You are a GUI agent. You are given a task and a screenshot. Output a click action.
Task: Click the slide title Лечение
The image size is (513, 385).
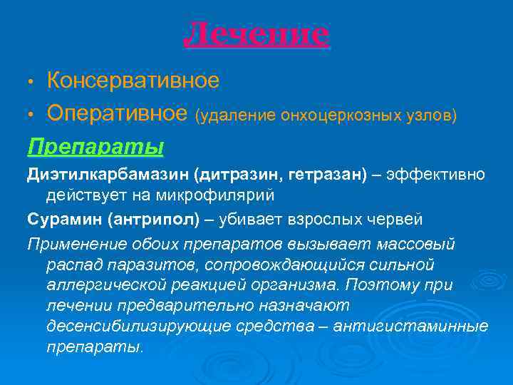[x=256, y=34]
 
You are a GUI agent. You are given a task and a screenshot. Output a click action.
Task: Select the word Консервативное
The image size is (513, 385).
[x=133, y=81]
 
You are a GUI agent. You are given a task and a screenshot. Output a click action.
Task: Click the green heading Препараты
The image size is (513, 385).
[x=95, y=146]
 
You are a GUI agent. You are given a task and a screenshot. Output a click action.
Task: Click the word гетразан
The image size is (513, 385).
[x=328, y=175]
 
